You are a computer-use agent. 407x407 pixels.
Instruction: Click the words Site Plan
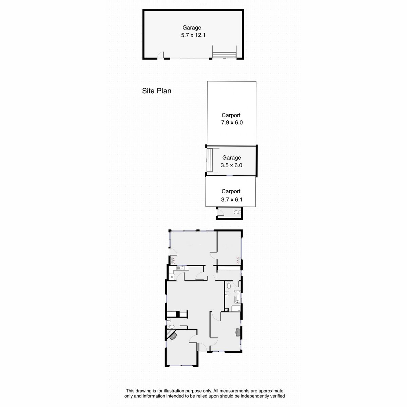click(156, 91)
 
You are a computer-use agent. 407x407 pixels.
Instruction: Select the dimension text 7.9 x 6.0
click(232, 122)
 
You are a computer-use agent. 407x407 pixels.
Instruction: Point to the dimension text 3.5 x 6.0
click(232, 165)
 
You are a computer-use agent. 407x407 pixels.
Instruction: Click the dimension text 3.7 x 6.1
click(232, 199)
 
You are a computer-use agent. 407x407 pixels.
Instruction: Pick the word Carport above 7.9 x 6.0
click(231, 115)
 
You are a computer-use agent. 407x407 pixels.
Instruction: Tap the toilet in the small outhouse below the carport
click(237, 212)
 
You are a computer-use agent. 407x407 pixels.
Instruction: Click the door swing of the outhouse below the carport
click(220, 212)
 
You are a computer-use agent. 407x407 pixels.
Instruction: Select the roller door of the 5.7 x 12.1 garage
click(224, 55)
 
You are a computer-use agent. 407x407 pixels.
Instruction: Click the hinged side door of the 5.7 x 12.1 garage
click(161, 55)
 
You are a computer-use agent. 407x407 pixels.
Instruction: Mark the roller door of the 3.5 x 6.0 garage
click(210, 160)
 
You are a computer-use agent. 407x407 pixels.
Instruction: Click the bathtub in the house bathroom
click(237, 297)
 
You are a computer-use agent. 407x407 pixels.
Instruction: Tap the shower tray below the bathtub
click(236, 308)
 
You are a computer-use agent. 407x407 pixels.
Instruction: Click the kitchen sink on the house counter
click(179, 268)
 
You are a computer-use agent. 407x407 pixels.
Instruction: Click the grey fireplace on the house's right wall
click(238, 333)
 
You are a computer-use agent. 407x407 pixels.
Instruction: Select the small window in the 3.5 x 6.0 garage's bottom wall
click(230, 176)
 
